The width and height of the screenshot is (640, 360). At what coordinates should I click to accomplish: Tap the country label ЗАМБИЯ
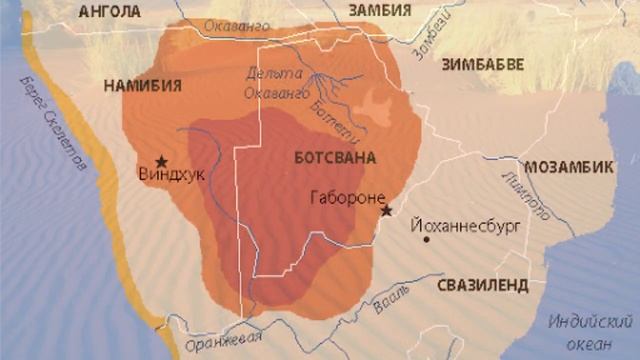point(379,10)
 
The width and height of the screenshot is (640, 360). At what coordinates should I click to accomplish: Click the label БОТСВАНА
point(335,158)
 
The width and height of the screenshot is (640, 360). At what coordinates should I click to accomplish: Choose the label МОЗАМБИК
point(569,166)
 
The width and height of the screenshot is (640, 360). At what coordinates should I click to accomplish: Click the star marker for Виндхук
point(161,160)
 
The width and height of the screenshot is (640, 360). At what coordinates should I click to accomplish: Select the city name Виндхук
point(171,174)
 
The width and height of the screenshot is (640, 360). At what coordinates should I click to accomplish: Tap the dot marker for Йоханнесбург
point(426,238)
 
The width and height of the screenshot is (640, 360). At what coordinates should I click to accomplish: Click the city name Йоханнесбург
point(470,226)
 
